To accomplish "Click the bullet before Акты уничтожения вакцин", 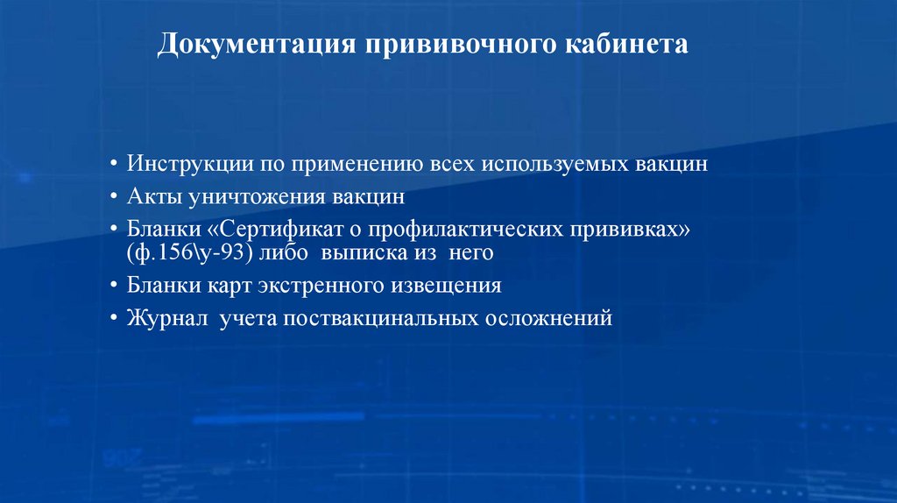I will [x=116, y=197].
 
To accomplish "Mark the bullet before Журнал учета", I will [x=116, y=318].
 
